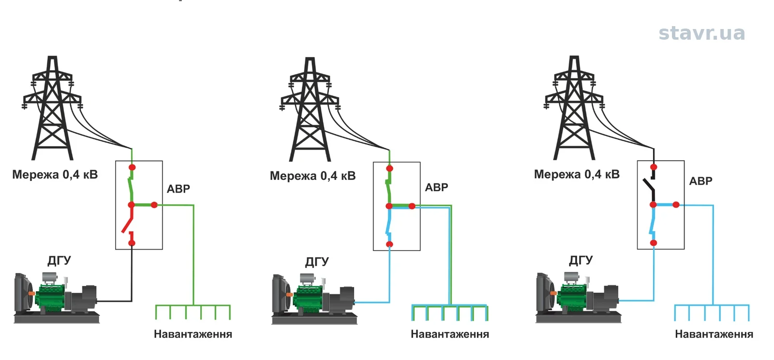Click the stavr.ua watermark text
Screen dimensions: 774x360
pyautogui.click(x=701, y=33)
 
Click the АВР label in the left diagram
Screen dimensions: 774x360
pyautogui.click(x=179, y=189)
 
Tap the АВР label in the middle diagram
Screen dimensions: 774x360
pyautogui.click(x=436, y=187)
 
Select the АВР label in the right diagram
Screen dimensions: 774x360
pyautogui.click(x=701, y=181)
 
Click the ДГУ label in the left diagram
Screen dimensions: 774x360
pyautogui.click(x=59, y=260)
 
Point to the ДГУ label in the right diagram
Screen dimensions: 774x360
pyautogui.click(x=581, y=260)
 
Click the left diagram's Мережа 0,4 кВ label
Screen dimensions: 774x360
pyautogui.click(x=55, y=175)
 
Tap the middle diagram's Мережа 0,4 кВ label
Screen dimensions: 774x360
pyautogui.click(x=313, y=176)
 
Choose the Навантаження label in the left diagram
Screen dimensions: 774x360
pyautogui.click(x=193, y=334)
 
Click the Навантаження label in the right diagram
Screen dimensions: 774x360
pyautogui.click(x=714, y=334)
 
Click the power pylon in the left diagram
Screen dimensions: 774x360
pyautogui.click(x=52, y=108)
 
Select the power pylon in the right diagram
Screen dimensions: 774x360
pyautogui.click(x=574, y=108)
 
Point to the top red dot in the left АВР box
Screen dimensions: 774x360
pyautogui.click(x=132, y=167)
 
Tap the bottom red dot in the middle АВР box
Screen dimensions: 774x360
pyautogui.click(x=389, y=244)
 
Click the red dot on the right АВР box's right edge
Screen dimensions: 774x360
pyautogui.click(x=676, y=205)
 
